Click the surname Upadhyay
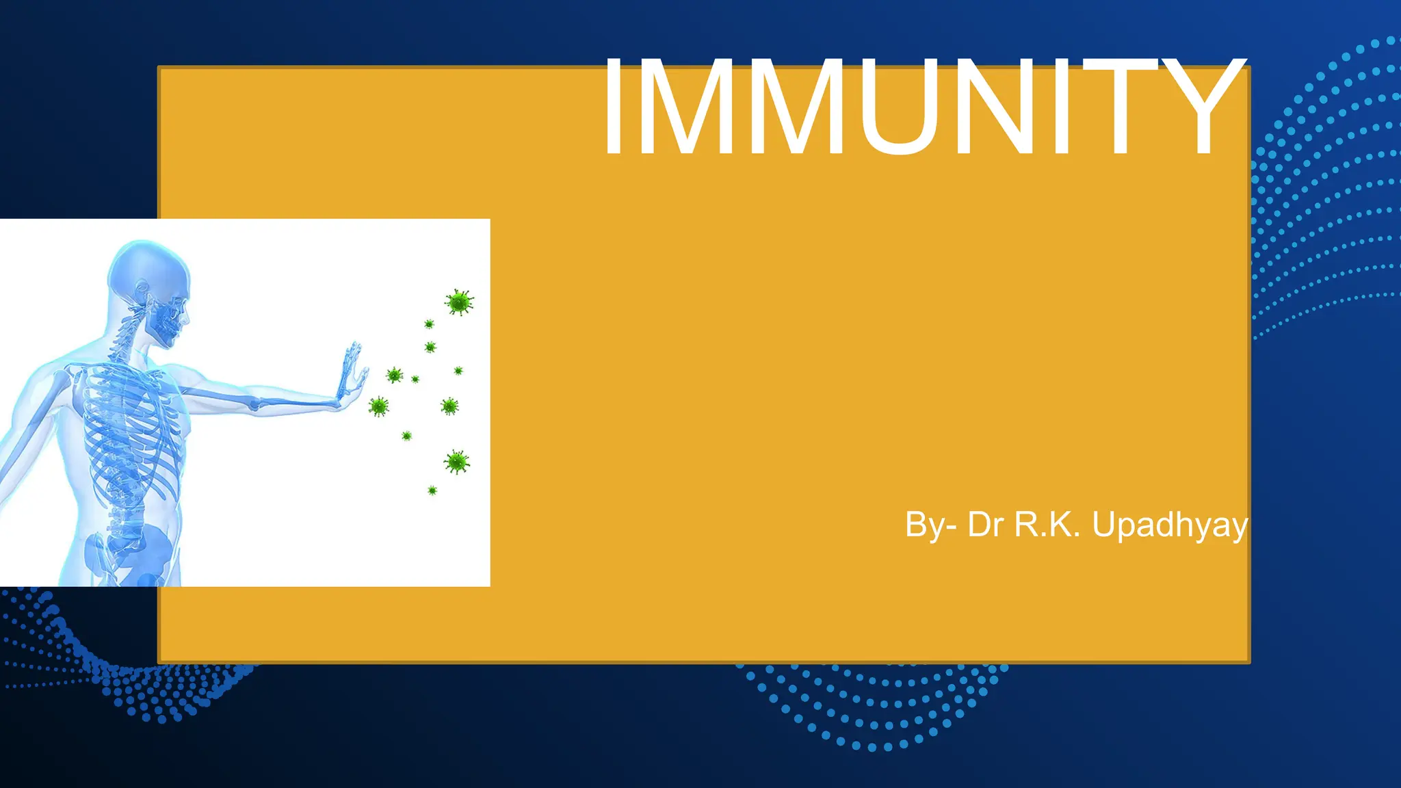tap(1170, 525)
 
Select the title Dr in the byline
tap(985, 525)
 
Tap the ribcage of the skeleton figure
tap(130, 424)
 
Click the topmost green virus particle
tap(459, 302)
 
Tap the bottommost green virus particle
tap(432, 490)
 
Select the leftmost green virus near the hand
tap(378, 406)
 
